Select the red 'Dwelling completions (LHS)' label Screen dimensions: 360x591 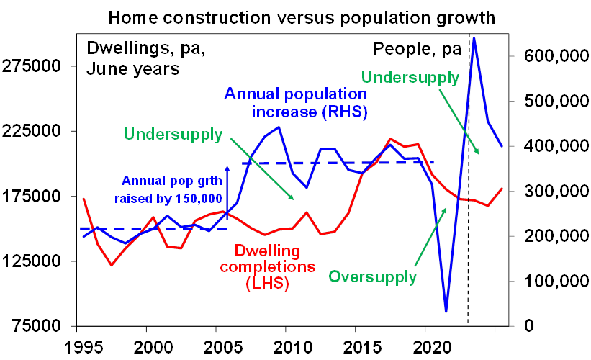click(276, 266)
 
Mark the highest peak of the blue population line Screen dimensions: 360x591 click(474, 37)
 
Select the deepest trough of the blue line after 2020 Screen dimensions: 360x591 click(447, 311)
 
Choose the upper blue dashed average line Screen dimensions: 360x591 click(338, 163)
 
